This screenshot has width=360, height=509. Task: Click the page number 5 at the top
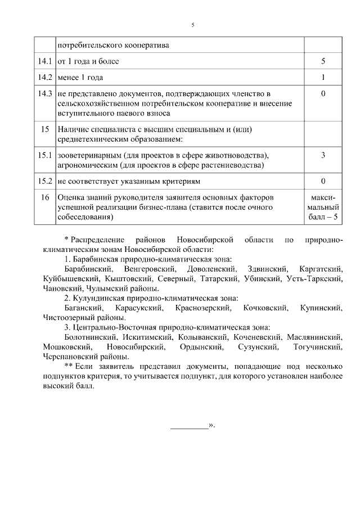[x=193, y=25]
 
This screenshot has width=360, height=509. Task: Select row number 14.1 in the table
[x=45, y=61]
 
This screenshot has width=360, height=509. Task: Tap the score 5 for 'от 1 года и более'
[x=323, y=61]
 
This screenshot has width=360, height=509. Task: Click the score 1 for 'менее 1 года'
[x=323, y=77]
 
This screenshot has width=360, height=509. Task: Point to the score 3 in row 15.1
[x=323, y=155]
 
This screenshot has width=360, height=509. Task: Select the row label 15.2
[x=45, y=181]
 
